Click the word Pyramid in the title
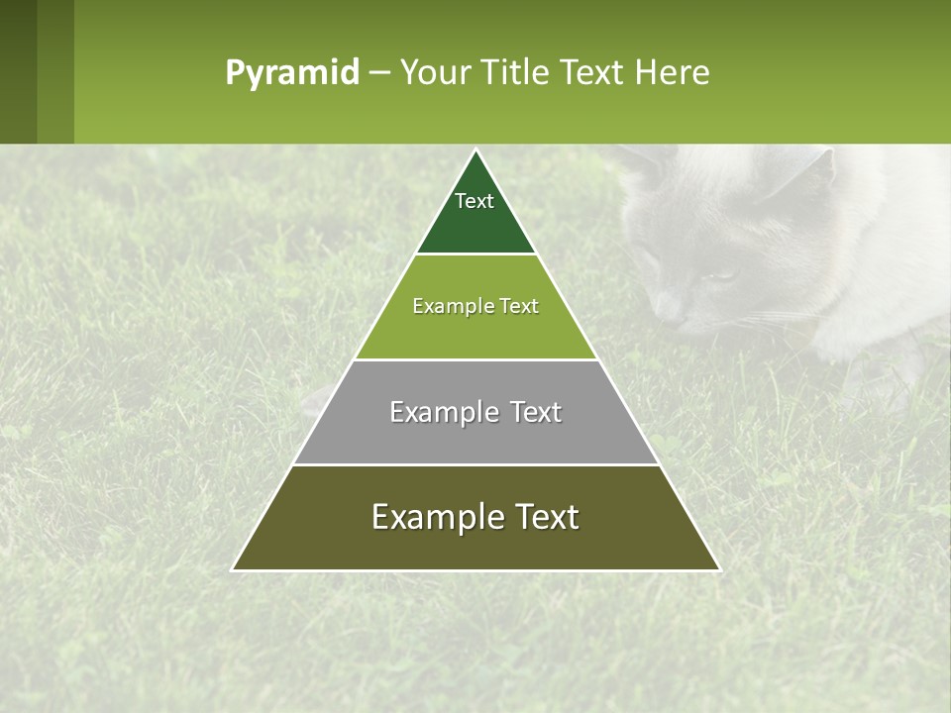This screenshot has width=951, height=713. [x=292, y=73]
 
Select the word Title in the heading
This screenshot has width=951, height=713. [x=520, y=73]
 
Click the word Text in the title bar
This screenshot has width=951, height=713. [x=595, y=73]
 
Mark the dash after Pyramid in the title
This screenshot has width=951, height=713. [x=378, y=73]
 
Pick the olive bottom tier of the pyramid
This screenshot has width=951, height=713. [x=475, y=545]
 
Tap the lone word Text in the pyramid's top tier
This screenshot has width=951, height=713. [x=475, y=201]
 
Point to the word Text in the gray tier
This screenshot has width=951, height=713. [x=536, y=412]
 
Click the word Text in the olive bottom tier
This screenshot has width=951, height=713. [x=544, y=517]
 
